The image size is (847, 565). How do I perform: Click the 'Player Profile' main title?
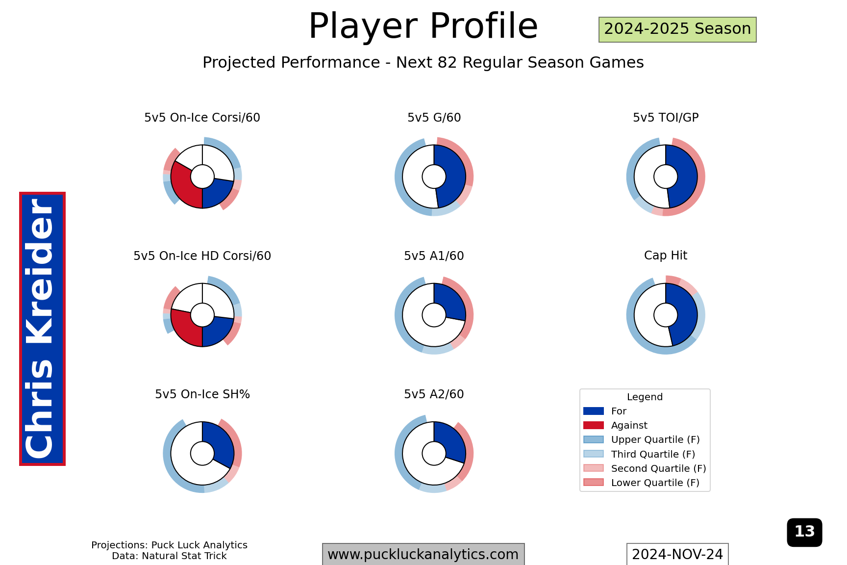click(423, 26)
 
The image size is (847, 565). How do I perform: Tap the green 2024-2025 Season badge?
click(677, 29)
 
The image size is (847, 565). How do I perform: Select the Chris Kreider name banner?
click(42, 329)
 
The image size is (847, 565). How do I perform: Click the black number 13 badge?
click(804, 532)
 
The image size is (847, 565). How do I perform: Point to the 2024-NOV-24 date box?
click(677, 554)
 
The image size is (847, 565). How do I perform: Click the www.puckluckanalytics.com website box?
click(423, 554)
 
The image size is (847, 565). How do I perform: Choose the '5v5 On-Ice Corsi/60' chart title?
click(202, 118)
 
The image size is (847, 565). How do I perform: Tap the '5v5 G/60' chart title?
click(434, 118)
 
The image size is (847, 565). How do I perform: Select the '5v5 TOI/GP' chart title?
click(666, 118)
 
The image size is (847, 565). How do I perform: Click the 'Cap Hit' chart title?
click(666, 256)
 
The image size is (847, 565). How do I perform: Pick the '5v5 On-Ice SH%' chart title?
click(202, 394)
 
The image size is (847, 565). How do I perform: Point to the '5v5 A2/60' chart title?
click(434, 394)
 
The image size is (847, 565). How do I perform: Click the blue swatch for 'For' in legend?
click(594, 411)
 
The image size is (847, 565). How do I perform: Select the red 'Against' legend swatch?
click(594, 425)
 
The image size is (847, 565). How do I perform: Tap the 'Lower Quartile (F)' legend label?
click(655, 483)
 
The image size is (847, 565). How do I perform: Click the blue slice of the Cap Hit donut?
click(684, 314)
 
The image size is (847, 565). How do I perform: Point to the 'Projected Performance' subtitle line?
click(423, 63)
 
